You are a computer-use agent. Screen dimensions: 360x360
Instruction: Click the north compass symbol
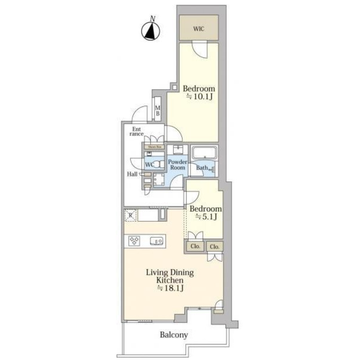pyautogui.click(x=152, y=31)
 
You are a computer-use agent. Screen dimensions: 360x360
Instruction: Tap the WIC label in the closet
pyautogui.click(x=198, y=28)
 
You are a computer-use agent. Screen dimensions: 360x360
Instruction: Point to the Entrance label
pyautogui.click(x=137, y=131)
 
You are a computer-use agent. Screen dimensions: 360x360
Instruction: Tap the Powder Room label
pyautogui.click(x=177, y=164)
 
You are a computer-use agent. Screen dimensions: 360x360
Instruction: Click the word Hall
pyautogui.click(x=132, y=174)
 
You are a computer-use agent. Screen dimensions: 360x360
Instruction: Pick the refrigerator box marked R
pyautogui.click(x=130, y=214)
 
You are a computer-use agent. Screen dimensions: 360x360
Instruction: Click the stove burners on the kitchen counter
pyautogui.click(x=134, y=240)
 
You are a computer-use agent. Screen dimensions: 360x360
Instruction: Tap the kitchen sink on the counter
pyautogui.click(x=156, y=240)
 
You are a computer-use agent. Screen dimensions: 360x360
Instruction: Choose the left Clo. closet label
pyautogui.click(x=195, y=246)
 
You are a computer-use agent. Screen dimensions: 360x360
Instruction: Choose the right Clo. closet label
pyautogui.click(x=214, y=246)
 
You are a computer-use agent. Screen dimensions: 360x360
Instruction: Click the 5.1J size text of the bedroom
pyautogui.click(x=205, y=216)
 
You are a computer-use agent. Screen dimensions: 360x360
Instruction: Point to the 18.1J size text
pyautogui.click(x=170, y=289)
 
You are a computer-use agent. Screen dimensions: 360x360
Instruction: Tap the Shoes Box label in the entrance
pyautogui.click(x=152, y=146)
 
